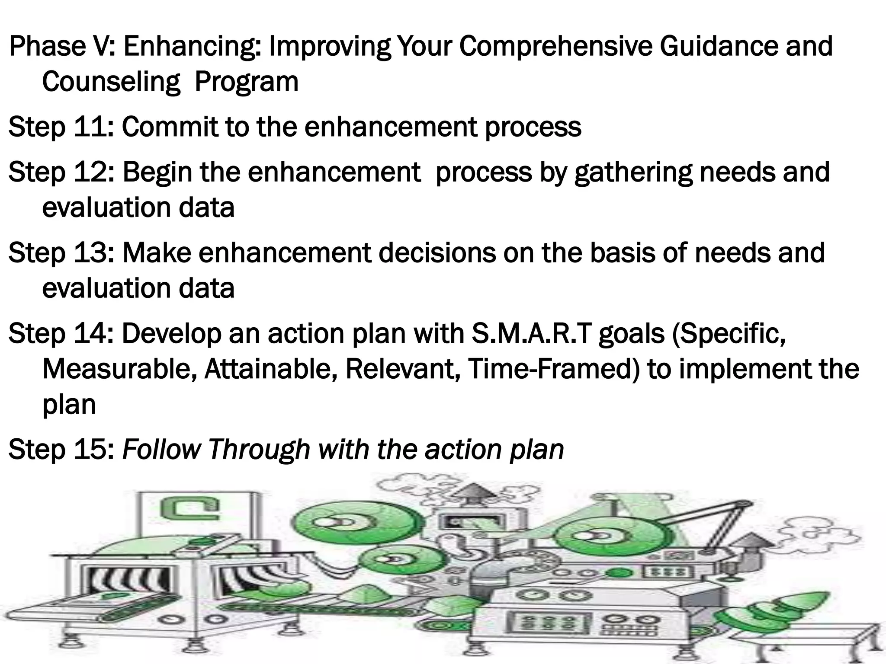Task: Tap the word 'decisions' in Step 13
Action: tap(437, 253)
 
